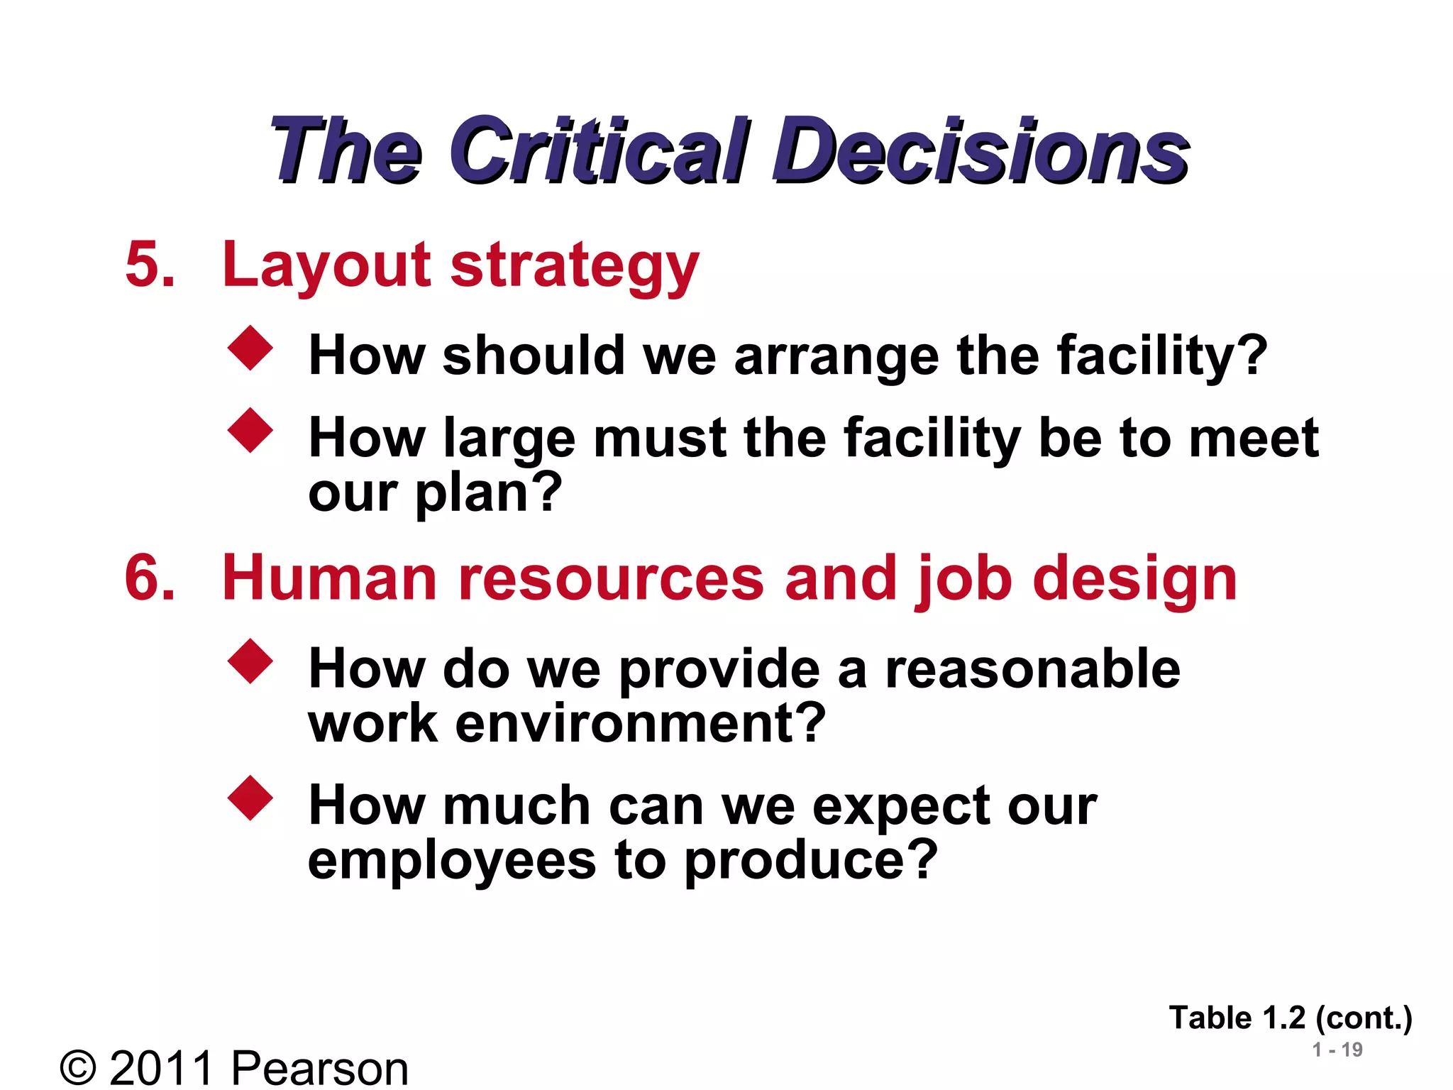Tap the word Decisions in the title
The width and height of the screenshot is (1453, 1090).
click(980, 150)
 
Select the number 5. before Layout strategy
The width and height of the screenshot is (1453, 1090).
click(150, 265)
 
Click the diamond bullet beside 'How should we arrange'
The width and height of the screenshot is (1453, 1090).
click(250, 348)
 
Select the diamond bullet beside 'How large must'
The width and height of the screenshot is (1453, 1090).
click(250, 430)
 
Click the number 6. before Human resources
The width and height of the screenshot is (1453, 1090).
click(150, 578)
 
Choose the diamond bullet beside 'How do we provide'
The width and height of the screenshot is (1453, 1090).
click(250, 661)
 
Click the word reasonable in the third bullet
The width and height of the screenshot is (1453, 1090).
click(1033, 669)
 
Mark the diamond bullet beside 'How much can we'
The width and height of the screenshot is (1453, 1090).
click(250, 798)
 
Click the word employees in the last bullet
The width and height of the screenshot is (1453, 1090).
click(452, 861)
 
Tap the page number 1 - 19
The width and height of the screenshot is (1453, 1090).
click(1337, 1050)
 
